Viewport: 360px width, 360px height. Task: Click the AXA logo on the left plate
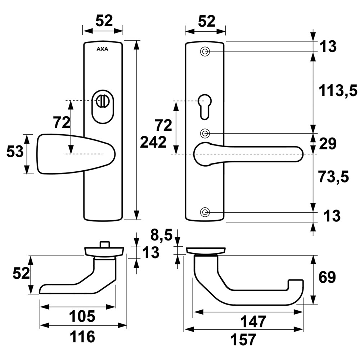(102, 49)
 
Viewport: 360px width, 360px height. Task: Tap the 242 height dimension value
(153, 142)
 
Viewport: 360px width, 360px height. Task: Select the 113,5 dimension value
(338, 90)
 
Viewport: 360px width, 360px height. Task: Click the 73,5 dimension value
(334, 176)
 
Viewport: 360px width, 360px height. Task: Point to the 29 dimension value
(328, 144)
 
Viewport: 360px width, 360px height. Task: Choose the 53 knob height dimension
(15, 152)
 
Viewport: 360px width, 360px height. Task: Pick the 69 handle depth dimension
(327, 277)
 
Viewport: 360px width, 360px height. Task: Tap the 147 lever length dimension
(253, 321)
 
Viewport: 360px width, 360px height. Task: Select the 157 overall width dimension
(243, 339)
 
